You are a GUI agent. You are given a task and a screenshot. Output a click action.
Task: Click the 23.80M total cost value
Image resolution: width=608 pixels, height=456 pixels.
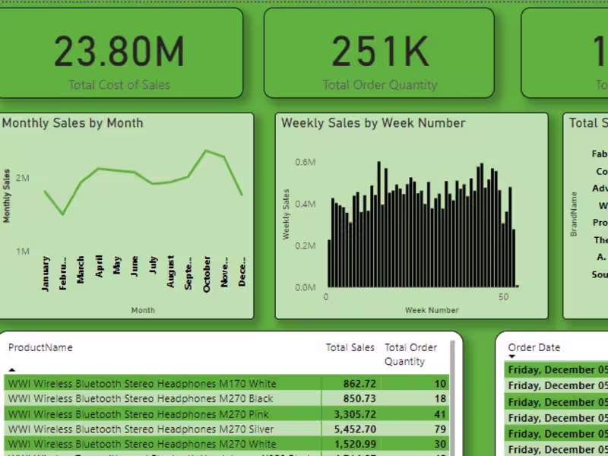[119, 52]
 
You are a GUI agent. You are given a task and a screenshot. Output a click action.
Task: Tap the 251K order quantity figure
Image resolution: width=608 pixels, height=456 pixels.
[380, 52]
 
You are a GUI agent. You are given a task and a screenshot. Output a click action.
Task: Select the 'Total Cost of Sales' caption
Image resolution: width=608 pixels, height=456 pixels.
[119, 84]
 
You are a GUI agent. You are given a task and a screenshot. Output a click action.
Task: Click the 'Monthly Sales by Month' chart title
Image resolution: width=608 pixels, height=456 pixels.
[73, 123]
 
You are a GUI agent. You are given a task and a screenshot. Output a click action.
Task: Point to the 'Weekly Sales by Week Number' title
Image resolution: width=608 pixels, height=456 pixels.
[373, 123]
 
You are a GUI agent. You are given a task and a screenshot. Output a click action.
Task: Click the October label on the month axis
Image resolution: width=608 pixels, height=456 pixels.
[207, 274]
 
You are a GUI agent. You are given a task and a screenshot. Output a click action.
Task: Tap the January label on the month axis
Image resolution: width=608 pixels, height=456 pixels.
[46, 274]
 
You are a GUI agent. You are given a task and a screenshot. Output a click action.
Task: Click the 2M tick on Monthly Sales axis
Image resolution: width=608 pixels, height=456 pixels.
[21, 179]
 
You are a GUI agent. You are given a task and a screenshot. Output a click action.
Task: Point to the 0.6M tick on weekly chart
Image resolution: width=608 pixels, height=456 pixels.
[306, 162]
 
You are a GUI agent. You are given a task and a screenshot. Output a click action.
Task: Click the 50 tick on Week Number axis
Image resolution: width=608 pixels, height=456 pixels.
[503, 297]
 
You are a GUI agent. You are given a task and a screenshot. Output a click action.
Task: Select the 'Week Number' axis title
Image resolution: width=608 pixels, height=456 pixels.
[432, 310]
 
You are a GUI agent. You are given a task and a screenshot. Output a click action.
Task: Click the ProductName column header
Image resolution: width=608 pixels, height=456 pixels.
[40, 348]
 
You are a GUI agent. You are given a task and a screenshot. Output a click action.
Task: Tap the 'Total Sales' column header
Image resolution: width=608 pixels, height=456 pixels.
[350, 348]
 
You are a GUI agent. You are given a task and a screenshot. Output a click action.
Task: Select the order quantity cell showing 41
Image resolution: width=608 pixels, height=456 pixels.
[440, 414]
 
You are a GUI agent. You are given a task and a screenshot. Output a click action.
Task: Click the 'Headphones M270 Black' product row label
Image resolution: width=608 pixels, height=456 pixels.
[140, 399]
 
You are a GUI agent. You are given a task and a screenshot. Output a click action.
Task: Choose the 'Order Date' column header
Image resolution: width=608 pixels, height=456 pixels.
[534, 348]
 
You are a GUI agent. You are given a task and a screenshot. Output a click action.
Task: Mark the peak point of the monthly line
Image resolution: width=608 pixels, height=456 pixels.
[206, 150]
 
